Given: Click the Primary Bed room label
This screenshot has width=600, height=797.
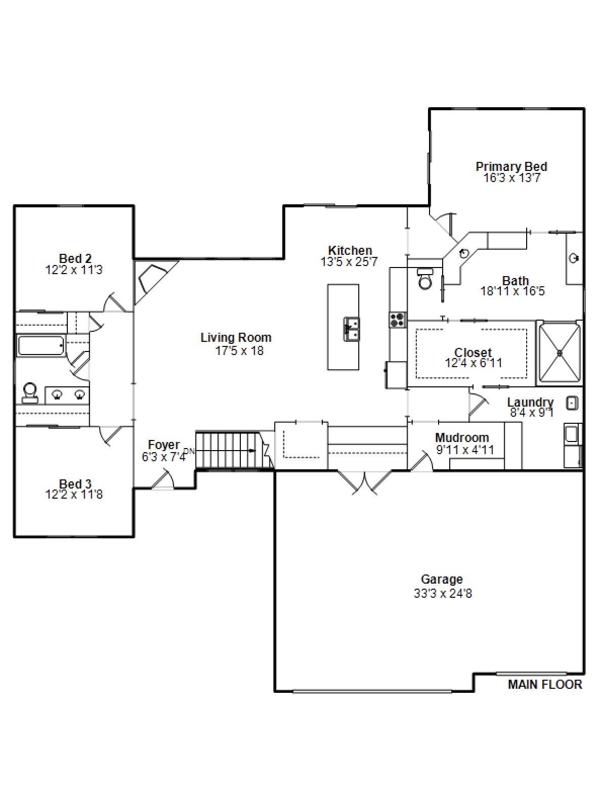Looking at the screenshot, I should point(511,166).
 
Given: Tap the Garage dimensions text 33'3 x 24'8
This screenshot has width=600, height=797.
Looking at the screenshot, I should point(443,594).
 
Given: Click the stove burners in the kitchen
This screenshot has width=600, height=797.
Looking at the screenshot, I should point(398,319).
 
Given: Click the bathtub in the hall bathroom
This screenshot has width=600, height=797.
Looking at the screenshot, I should point(40,346).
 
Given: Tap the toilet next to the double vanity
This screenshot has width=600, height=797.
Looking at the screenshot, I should point(30,393).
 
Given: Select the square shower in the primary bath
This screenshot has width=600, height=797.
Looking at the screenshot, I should point(560,352).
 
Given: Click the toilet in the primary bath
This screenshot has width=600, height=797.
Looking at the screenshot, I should point(425,279).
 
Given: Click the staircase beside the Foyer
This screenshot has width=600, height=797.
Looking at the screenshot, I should point(228,450).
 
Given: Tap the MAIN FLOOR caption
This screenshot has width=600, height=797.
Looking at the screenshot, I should point(544,685).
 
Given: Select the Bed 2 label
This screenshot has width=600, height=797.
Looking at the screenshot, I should point(75,258).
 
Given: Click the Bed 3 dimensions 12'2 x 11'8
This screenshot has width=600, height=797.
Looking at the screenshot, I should point(74,495).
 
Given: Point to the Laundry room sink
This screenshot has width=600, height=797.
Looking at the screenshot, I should point(572,403).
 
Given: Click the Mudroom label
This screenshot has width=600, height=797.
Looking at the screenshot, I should point(461,437).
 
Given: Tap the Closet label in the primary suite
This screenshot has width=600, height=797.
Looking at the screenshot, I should point(473,352).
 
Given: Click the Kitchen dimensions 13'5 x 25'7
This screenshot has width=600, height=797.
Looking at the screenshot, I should point(349,262).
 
